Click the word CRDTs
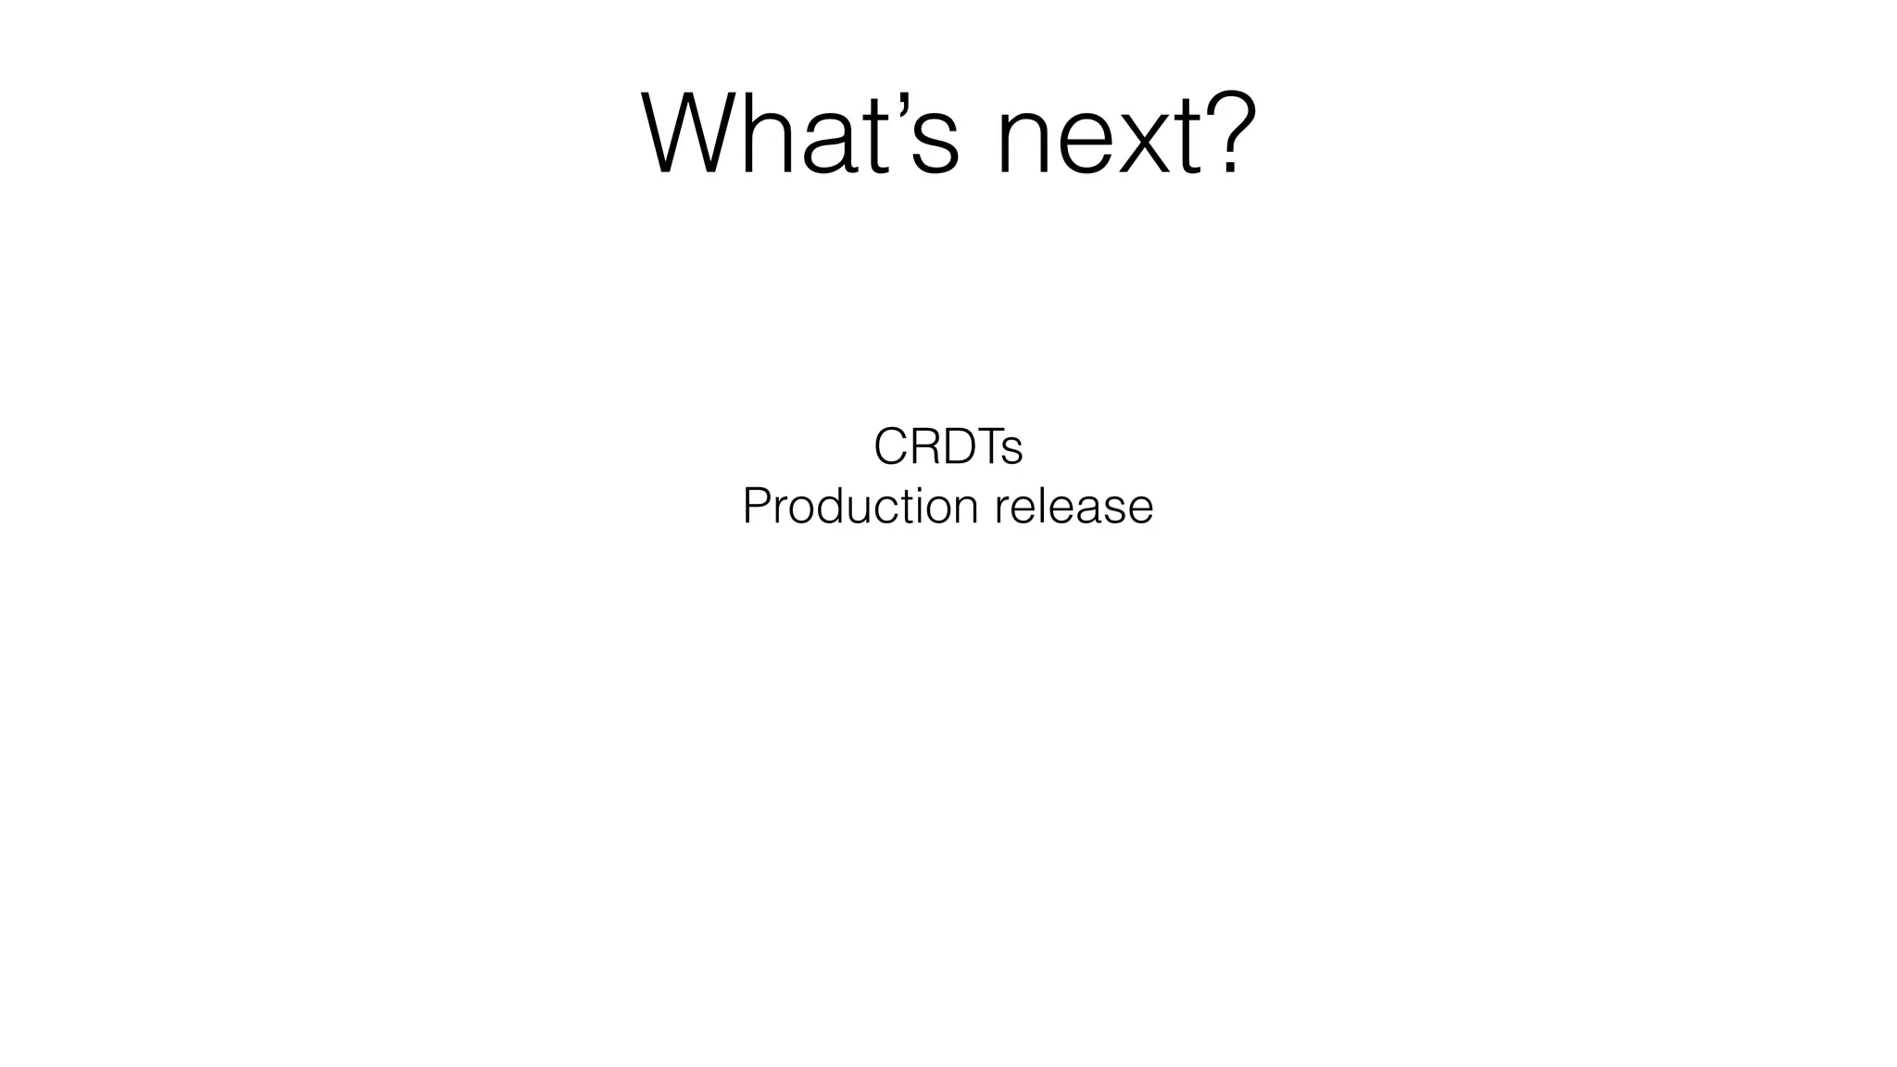(x=948, y=447)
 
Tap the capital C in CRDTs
(x=890, y=447)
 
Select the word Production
(x=860, y=507)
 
